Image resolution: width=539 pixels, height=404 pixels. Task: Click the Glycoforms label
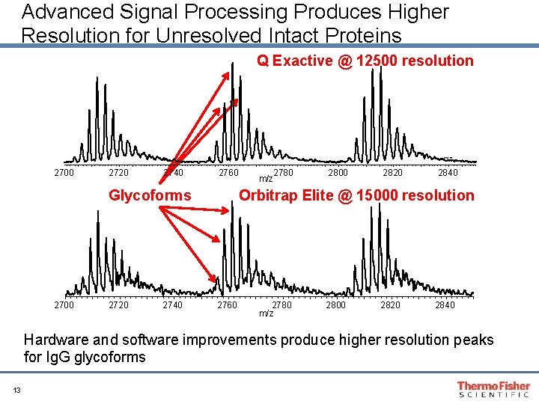[x=150, y=195]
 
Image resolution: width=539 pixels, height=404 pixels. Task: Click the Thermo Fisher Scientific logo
[x=493, y=389]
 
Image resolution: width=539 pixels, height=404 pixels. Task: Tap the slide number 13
[x=16, y=389]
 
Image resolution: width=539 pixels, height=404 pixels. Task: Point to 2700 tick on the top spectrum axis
[x=64, y=174]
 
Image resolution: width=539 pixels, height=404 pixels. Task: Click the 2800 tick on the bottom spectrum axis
[x=335, y=304]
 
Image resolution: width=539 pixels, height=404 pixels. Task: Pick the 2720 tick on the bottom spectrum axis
[x=118, y=304]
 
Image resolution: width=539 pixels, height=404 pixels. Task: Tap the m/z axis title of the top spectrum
[x=266, y=179]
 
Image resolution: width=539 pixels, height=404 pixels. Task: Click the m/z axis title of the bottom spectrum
[x=266, y=313]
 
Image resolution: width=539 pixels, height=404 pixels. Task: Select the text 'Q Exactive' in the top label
[x=294, y=61]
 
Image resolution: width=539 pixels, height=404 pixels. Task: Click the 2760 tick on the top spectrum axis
[x=228, y=174]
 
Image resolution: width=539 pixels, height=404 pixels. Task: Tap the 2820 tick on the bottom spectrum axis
[x=390, y=304]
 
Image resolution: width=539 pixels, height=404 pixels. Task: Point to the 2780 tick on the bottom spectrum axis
[x=282, y=304]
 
